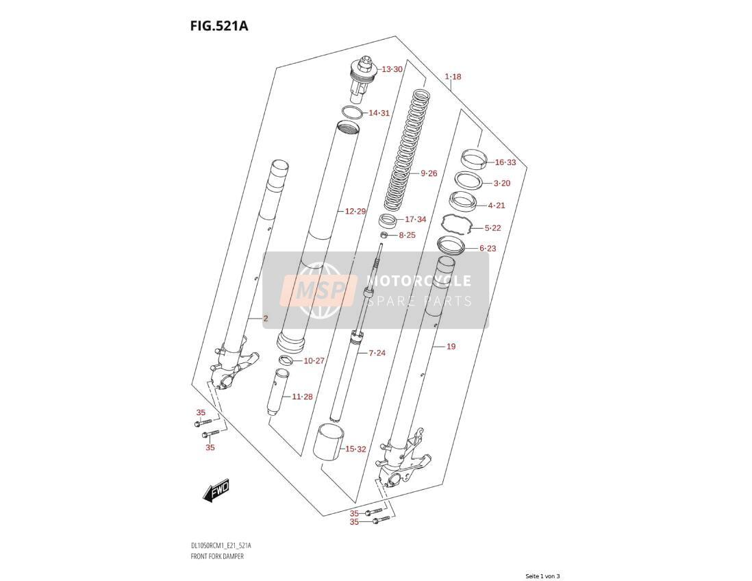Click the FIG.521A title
click(x=218, y=25)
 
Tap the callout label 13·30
click(x=392, y=70)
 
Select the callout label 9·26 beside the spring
click(x=429, y=173)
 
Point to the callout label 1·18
click(x=453, y=77)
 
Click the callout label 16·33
click(x=505, y=162)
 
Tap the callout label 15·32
click(x=355, y=449)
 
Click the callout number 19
click(x=451, y=347)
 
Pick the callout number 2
click(x=266, y=319)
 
